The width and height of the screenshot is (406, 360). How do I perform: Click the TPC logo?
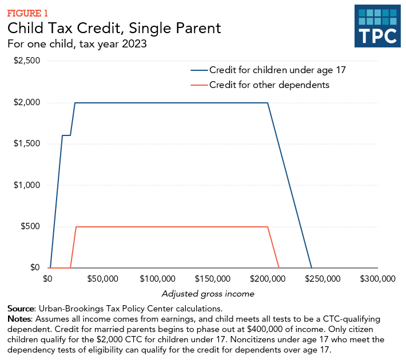pyautogui.click(x=376, y=27)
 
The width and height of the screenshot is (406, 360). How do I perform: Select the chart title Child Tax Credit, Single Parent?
pyautogui.click(x=113, y=28)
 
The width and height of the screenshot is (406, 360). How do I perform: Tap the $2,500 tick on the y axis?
pyautogui.click(x=27, y=61)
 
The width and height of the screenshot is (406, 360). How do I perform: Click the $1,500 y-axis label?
pyautogui.click(x=27, y=144)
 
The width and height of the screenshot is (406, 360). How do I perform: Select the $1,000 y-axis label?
pyautogui.click(x=27, y=185)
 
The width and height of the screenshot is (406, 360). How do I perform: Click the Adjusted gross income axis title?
pyautogui.click(x=208, y=293)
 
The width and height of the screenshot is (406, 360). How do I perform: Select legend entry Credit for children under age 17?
pyautogui.click(x=278, y=70)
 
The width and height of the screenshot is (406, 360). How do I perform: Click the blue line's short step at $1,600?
pyautogui.click(x=66, y=135)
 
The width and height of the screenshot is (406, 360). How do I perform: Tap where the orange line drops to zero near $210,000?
pyautogui.click(x=278, y=267)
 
